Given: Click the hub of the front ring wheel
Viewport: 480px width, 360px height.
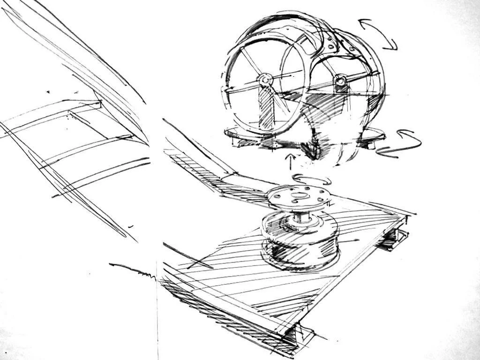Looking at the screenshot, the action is pyautogui.click(x=265, y=80).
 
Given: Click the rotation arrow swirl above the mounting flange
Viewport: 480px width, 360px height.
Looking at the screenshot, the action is pyautogui.click(x=311, y=180).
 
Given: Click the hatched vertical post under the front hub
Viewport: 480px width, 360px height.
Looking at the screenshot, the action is pyautogui.click(x=266, y=110).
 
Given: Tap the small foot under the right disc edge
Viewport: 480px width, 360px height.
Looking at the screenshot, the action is pyautogui.click(x=370, y=144).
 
